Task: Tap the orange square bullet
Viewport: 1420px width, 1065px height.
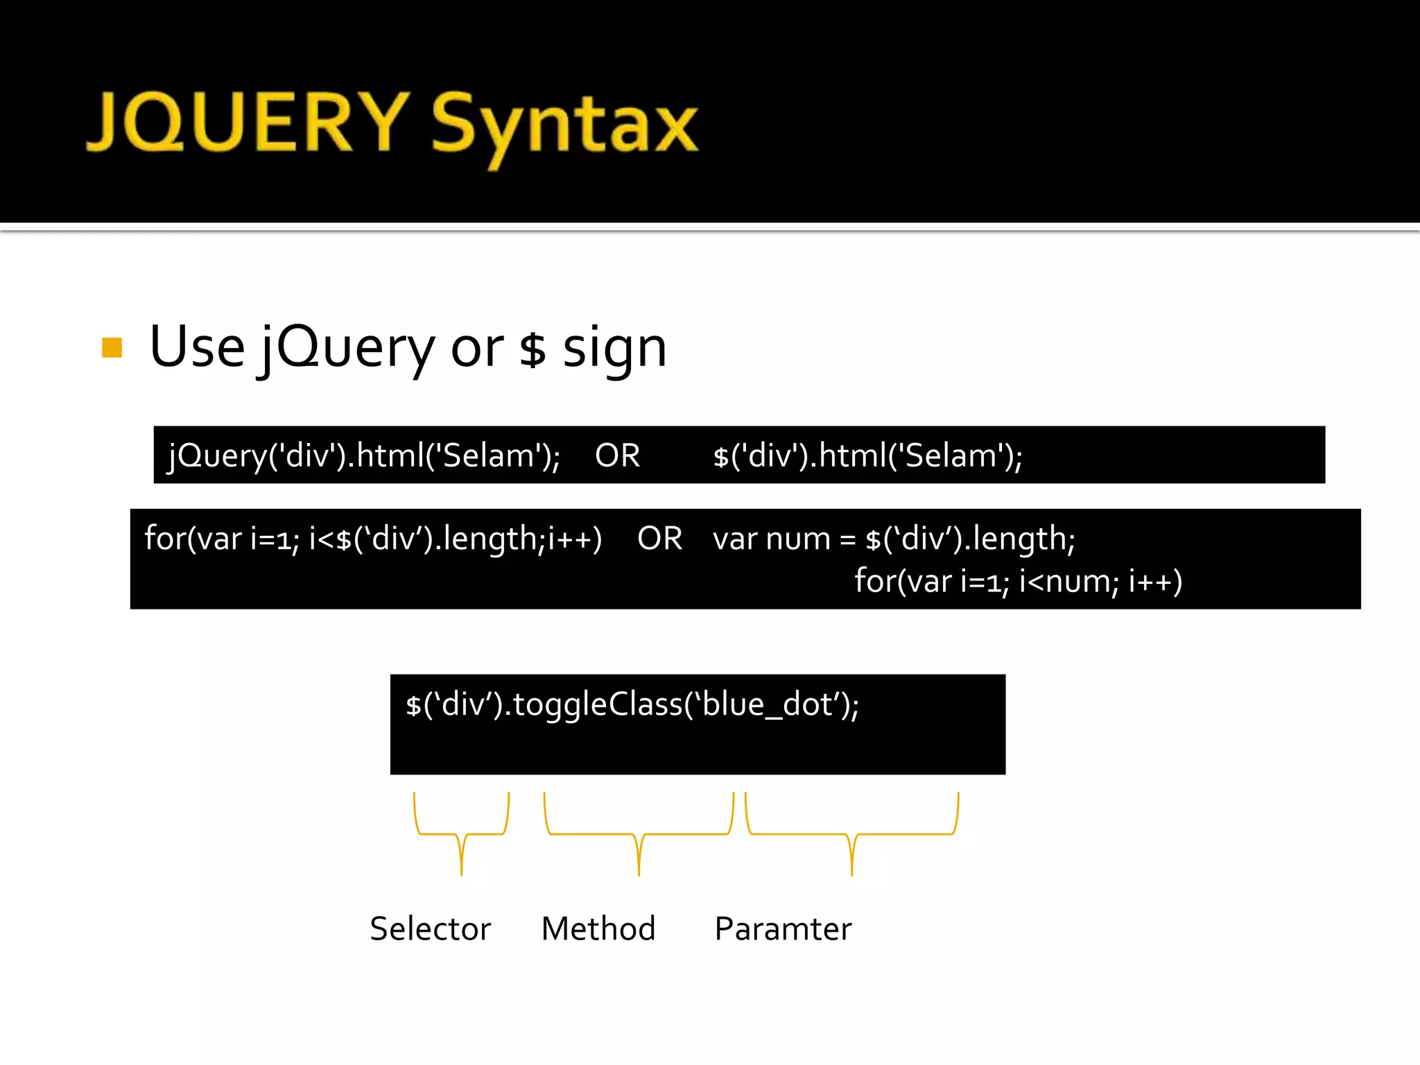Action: [x=112, y=347]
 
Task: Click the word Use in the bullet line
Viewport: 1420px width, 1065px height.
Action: [x=197, y=347]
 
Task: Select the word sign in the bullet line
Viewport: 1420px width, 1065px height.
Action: [x=614, y=349]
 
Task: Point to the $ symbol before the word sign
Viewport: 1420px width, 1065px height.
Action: [x=532, y=350]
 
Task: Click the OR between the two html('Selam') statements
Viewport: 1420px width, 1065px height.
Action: [x=617, y=456]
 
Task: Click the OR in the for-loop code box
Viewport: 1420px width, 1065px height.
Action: [x=659, y=539]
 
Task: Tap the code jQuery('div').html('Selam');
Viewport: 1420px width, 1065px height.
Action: [x=364, y=456]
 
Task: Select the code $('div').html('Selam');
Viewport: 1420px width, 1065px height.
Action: [x=867, y=456]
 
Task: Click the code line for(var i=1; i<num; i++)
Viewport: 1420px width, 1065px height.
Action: [x=1018, y=581]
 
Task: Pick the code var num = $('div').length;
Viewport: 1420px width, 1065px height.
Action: [x=894, y=539]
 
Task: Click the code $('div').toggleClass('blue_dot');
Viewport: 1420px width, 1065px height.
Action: [x=632, y=705]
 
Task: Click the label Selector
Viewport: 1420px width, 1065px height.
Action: [x=430, y=929]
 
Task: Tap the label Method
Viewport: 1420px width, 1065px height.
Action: [x=598, y=929]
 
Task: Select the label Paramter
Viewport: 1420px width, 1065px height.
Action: [x=783, y=929]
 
